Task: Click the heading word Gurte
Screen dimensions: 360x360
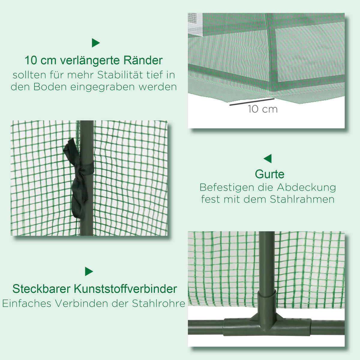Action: point(269,174)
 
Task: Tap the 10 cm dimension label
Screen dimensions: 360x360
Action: point(262,109)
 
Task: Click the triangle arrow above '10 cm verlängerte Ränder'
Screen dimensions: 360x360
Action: point(95,43)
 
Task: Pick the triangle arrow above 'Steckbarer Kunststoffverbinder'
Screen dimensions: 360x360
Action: point(89,271)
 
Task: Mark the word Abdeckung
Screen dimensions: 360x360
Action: point(306,187)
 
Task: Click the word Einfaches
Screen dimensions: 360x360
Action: point(27,303)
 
